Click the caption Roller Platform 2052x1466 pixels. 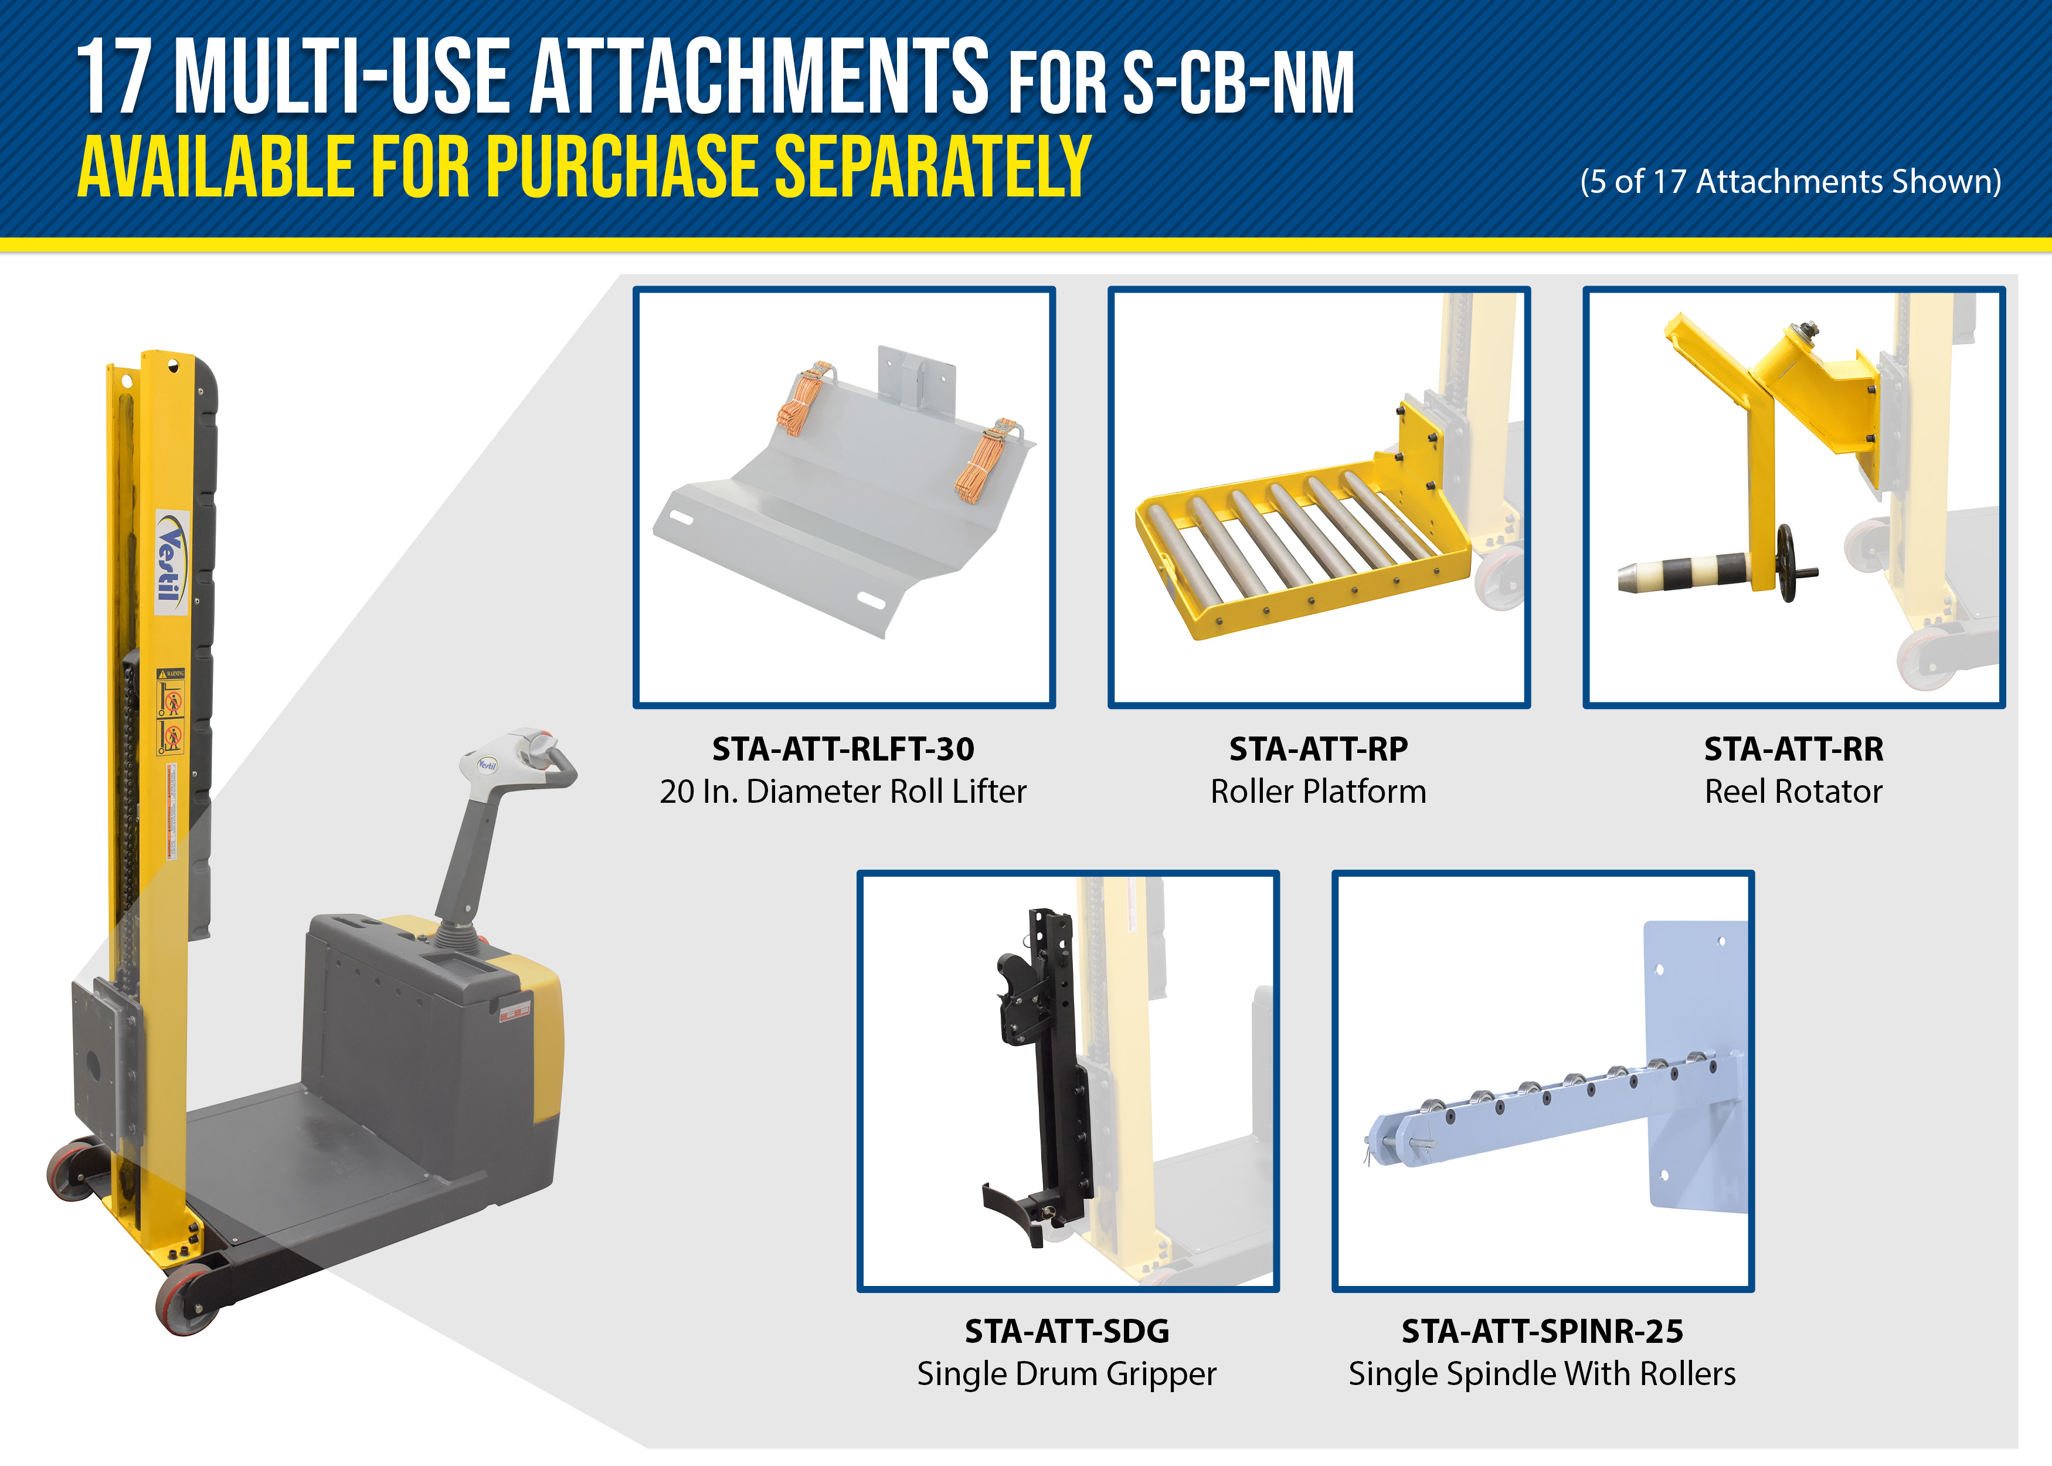click(1319, 792)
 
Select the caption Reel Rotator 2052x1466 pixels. click(1793, 792)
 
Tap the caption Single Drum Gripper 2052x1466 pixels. click(1066, 1374)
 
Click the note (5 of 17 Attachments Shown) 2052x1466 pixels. click(1791, 181)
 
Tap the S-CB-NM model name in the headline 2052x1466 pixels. click(1238, 83)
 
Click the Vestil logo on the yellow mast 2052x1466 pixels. click(171, 562)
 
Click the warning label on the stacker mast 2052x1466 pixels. click(171, 711)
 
